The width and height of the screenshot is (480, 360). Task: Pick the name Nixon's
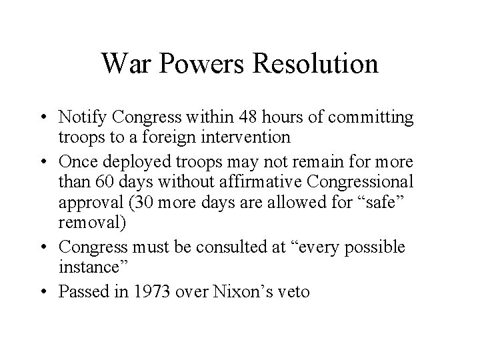(233, 291)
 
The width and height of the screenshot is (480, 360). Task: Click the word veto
(291, 291)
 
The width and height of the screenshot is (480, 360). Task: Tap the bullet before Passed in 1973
(48, 291)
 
